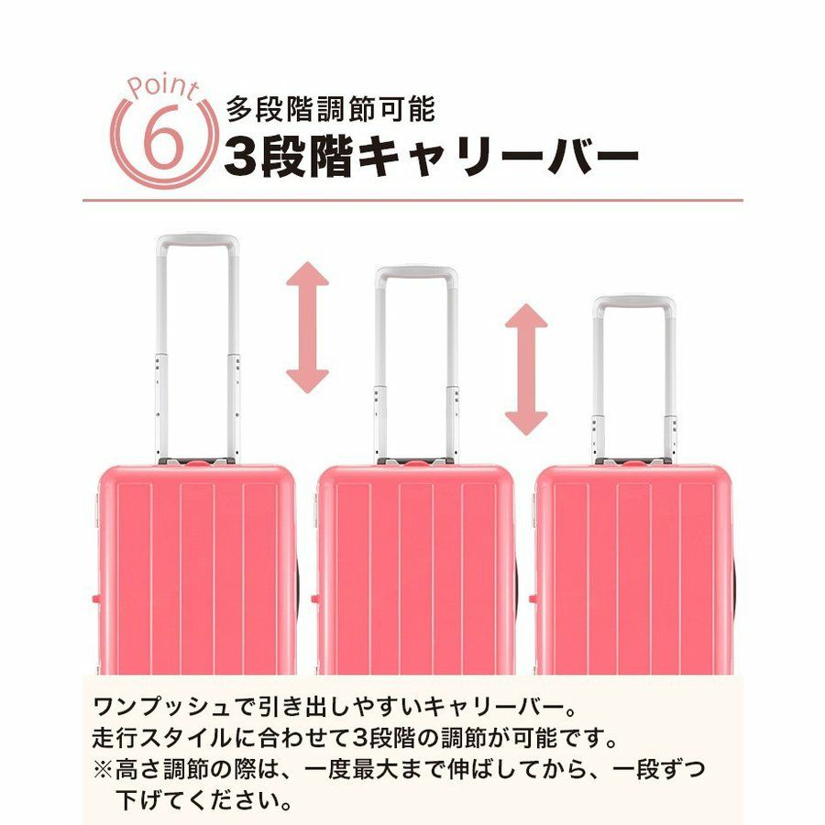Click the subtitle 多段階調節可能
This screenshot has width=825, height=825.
(331, 109)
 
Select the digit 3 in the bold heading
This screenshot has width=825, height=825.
(240, 156)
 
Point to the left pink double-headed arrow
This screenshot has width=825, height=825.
(307, 328)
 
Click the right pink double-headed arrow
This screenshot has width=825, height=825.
(526, 369)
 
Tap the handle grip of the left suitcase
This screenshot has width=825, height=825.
(197, 241)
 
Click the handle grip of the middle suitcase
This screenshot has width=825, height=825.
(416, 273)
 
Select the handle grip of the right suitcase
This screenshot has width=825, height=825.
(634, 303)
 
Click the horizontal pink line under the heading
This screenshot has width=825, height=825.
(412, 201)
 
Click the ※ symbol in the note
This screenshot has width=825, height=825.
(103, 770)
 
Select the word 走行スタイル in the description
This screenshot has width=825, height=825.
(162, 738)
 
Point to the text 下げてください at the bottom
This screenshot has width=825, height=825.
(197, 801)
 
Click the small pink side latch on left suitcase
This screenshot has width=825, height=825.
(94, 599)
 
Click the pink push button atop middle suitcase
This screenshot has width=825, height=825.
(415, 464)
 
